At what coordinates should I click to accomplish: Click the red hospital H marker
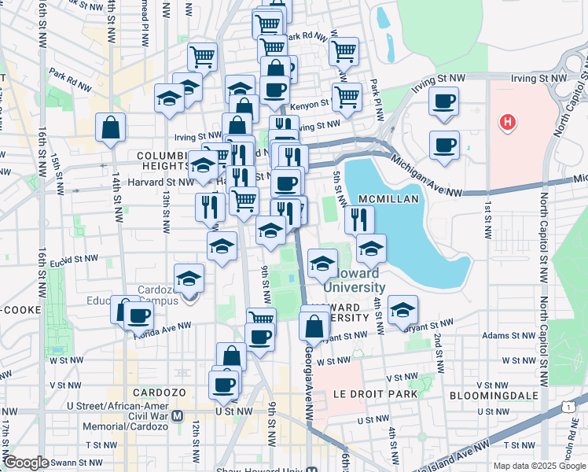[x=509, y=123]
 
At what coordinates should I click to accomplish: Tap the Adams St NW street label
[x=508, y=334]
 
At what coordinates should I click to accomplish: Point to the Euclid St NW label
[x=78, y=259]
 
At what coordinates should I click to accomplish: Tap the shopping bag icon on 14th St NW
[x=111, y=126]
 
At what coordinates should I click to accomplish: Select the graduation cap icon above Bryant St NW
[x=402, y=308]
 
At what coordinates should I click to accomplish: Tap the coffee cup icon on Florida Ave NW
[x=140, y=316]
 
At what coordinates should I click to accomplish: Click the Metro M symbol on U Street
[x=178, y=415]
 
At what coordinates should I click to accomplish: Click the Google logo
[x=27, y=463]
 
